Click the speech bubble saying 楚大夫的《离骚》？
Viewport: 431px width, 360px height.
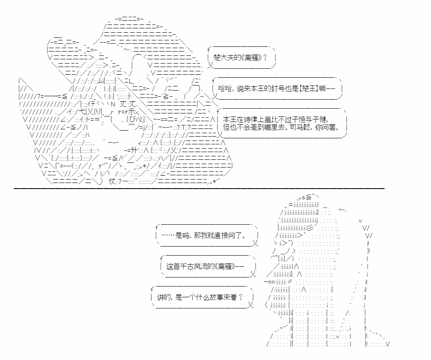point(242,58)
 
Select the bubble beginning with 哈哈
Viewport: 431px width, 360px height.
point(277,88)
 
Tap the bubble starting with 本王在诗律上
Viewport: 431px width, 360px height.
point(282,123)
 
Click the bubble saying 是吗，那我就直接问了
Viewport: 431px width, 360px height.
point(207,235)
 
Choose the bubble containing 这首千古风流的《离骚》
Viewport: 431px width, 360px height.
point(208,266)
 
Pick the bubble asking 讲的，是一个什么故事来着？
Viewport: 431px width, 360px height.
point(202,297)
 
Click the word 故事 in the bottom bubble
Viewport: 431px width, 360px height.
point(217,297)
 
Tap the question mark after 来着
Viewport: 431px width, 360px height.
point(240,297)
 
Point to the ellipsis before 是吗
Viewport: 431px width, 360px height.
point(168,235)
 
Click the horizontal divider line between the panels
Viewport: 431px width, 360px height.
point(199,189)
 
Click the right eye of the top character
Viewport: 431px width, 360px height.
point(134,119)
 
